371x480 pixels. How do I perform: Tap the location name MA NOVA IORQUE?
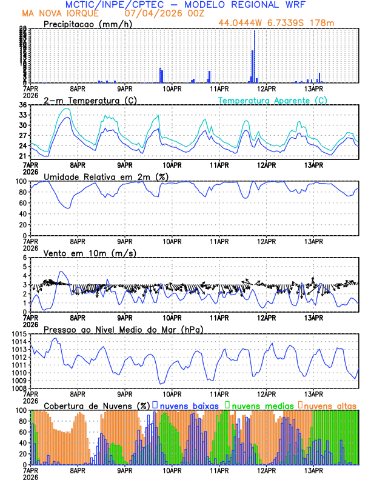point(56,13)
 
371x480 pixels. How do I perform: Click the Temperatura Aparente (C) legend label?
point(273,100)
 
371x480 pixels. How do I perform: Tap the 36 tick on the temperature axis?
point(23,105)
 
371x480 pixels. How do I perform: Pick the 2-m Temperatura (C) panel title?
point(90,100)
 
